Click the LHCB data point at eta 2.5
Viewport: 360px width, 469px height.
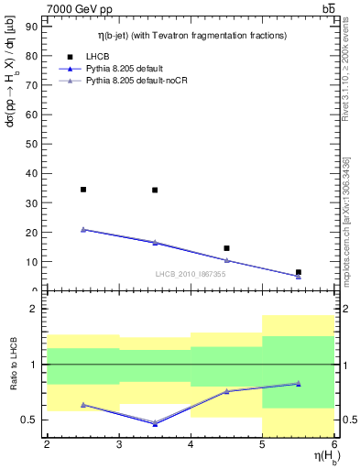click(x=83, y=190)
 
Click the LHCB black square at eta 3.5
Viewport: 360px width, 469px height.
click(x=155, y=191)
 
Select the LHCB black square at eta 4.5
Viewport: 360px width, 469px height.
click(x=227, y=248)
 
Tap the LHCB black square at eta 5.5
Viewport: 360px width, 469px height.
click(x=299, y=272)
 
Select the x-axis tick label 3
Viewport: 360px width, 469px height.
click(x=119, y=444)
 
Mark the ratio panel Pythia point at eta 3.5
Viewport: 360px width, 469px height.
click(x=155, y=424)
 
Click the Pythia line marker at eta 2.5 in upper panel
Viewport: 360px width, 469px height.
click(x=83, y=230)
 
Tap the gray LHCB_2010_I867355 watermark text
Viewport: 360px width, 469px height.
click(x=191, y=274)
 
